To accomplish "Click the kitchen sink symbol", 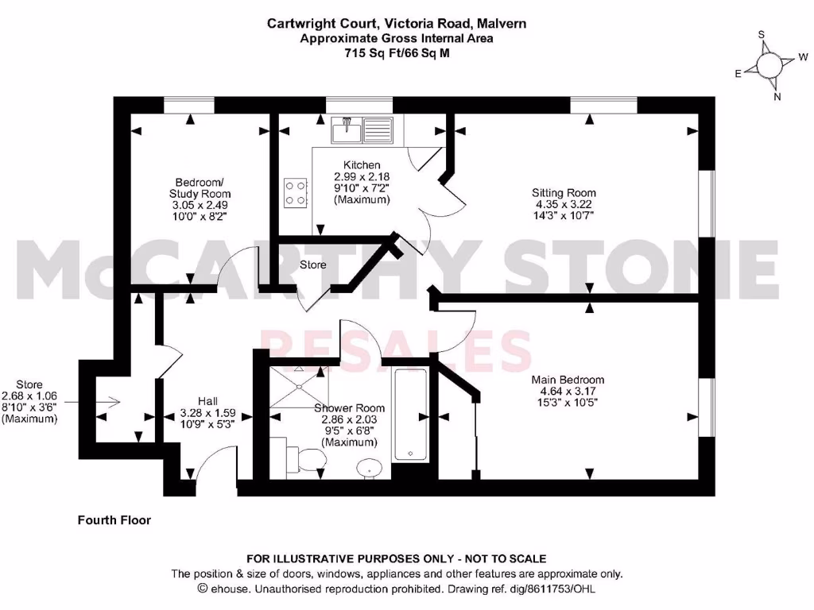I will tap(360, 129).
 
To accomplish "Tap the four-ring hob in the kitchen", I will tap(296, 191).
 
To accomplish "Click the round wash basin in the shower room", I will tap(367, 469).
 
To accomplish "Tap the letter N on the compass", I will tap(777, 98).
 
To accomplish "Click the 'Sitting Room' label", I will tap(564, 193).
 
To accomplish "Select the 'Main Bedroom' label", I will tap(568, 380).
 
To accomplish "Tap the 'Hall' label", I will tap(208, 402).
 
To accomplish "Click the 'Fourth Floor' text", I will tap(114, 520).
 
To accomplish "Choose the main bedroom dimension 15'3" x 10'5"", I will tap(568, 402).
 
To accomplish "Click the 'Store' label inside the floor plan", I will tap(312, 264).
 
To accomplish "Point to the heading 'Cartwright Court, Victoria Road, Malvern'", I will tap(396, 24).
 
